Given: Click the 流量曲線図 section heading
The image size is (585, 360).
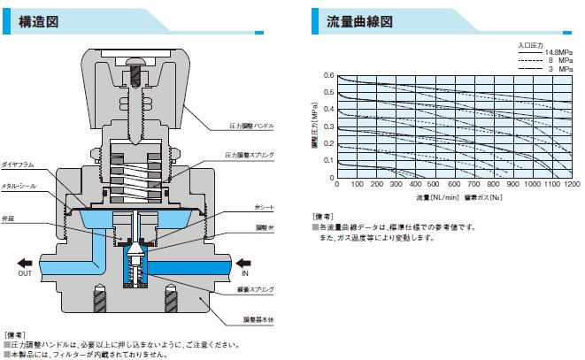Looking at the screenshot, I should tap(359, 21).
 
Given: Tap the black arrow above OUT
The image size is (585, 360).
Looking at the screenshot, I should tap(31, 262).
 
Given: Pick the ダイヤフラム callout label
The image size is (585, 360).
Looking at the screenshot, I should tap(17, 165).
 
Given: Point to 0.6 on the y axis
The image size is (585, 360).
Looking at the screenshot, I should tap(328, 76).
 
